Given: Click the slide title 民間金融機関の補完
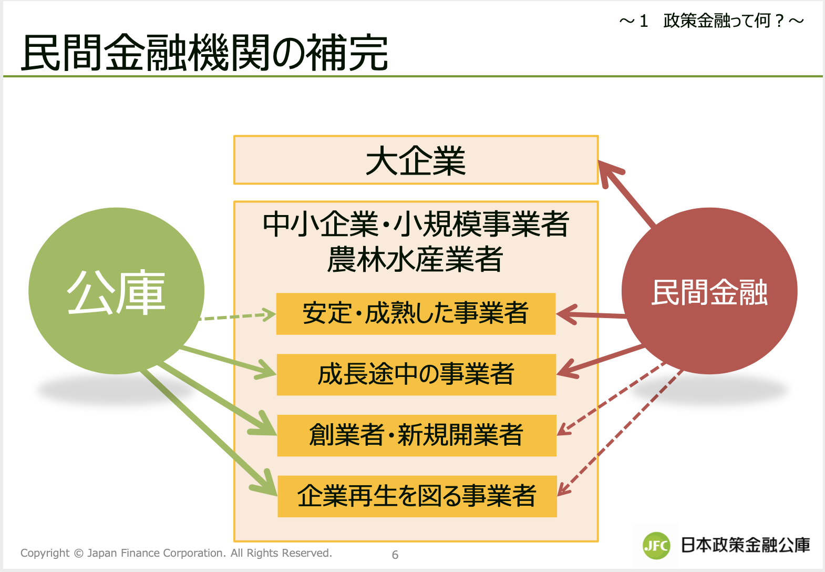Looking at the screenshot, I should click(204, 53).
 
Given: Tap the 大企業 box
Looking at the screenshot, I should click(416, 160).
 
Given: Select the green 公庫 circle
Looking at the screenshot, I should click(116, 291).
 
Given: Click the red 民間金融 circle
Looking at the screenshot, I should click(709, 291).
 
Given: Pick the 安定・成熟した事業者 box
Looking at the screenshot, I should click(416, 314).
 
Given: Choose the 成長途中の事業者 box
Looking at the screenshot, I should click(416, 374).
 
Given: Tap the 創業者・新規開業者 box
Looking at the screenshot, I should click(416, 435).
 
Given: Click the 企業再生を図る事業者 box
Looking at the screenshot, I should click(417, 496).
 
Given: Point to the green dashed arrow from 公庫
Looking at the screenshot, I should click(236, 316).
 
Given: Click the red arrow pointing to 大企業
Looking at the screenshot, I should click(628, 195).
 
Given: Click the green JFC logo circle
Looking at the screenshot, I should click(656, 545).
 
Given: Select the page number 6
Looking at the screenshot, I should click(395, 555).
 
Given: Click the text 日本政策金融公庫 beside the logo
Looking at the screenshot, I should click(745, 545).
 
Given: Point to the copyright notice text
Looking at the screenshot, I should click(176, 553).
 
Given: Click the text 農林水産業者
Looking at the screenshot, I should click(415, 259).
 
